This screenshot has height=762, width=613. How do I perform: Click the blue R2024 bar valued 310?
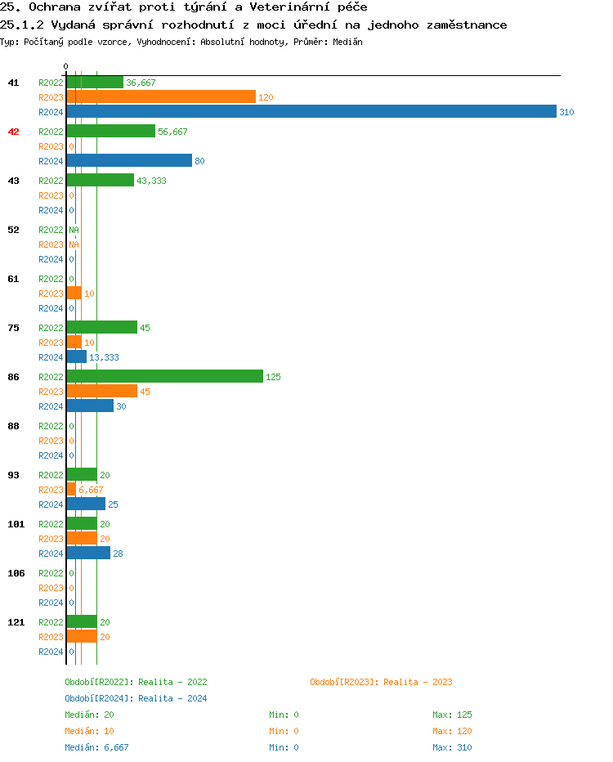pos(311,112)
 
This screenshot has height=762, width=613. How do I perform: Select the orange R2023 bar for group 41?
pos(161,97)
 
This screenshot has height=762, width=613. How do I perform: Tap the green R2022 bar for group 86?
pos(164,377)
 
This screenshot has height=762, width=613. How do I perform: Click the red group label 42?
pos(13,132)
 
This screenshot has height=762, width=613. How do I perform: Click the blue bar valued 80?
pos(129,161)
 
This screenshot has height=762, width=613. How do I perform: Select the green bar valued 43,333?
pos(100,181)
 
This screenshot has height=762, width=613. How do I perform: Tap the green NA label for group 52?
pos(74,230)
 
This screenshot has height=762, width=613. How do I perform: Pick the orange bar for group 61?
pos(74,294)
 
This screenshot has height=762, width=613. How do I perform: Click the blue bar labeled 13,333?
pos(76,357)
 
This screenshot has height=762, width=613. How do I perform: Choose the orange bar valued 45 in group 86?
pos(101,392)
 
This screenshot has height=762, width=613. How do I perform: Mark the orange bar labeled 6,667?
pos(71,490)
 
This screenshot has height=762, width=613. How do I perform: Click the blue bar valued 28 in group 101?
pos(88,554)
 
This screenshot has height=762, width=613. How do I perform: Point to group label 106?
pos(16,573)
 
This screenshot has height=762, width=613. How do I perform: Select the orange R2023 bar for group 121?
pos(82,637)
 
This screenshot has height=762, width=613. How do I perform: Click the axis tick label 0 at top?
pos(66,67)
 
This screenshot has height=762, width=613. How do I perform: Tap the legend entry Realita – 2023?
pos(381,682)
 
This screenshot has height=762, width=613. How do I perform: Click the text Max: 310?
pos(452,747)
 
